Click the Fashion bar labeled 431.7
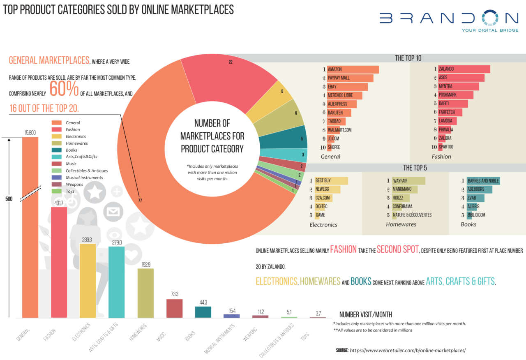[x=59, y=262]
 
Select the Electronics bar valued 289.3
[x=88, y=280]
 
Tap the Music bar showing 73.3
[x=174, y=308]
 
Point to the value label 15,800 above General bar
[x=30, y=132]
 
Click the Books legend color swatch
[x=56, y=150]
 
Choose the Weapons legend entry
[x=74, y=185]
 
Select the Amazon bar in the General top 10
[x=353, y=69]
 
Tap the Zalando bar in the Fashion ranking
[x=464, y=69]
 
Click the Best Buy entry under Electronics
[x=331, y=181]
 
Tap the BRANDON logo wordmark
[x=449, y=18]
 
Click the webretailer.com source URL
[x=408, y=350]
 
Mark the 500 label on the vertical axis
[x=9, y=199]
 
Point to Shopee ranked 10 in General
[x=334, y=147]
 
